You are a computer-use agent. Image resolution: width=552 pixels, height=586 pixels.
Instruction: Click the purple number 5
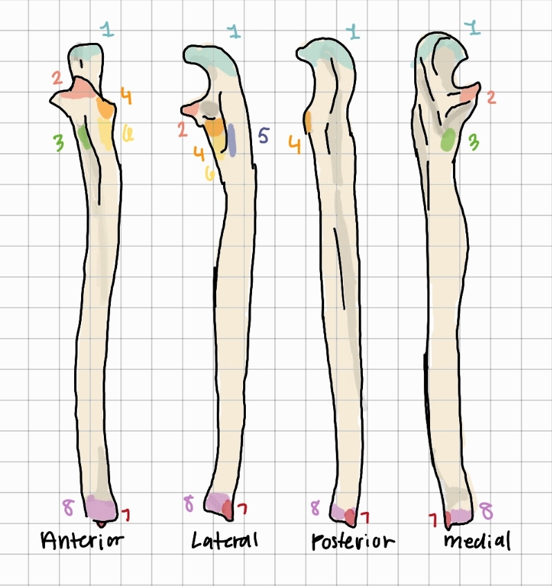262,135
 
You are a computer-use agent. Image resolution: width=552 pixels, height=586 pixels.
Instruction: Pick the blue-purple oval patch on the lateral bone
232,139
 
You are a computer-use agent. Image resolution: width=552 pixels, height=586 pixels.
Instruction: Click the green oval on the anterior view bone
84,136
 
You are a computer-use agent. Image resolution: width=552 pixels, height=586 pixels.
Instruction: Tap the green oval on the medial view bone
449,140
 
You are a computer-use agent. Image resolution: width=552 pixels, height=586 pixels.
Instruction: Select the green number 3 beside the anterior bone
59,143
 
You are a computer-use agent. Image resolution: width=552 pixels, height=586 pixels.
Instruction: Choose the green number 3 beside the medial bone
474,143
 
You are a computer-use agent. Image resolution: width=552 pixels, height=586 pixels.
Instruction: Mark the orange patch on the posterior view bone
309,121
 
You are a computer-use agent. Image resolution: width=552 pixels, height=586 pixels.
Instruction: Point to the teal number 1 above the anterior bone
107,29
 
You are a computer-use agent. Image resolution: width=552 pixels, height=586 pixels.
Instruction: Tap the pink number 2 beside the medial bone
490,97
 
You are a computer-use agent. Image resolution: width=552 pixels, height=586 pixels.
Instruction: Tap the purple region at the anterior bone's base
101,508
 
